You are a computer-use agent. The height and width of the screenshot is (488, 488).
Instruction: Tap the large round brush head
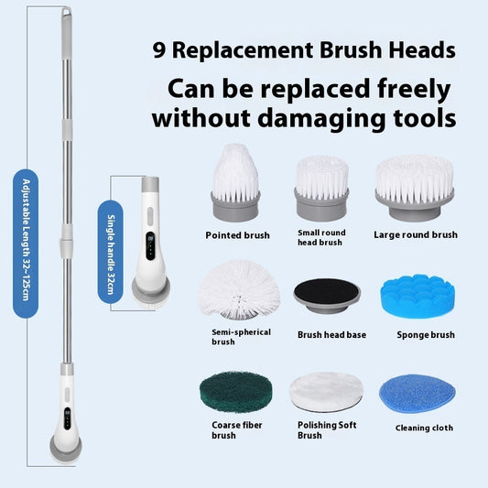(x=414, y=186)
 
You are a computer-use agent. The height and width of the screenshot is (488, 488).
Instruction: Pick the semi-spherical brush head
(x=236, y=287)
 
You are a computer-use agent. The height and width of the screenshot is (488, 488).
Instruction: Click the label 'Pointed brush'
(x=237, y=235)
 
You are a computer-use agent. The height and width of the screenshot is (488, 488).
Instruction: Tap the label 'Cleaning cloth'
(x=424, y=428)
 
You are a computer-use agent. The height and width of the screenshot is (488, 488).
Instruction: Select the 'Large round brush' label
(x=415, y=235)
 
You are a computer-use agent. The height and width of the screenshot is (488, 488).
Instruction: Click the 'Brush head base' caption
(x=331, y=334)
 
